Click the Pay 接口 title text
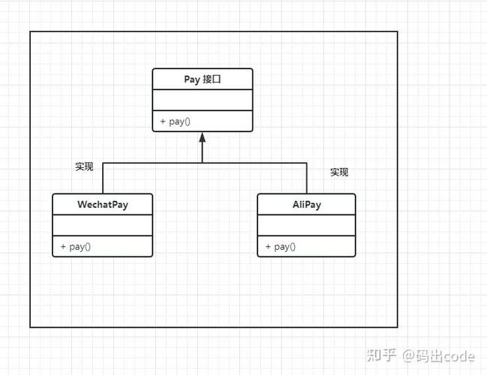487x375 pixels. pyautogui.click(x=203, y=79)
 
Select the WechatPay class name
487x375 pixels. pyautogui.click(x=103, y=204)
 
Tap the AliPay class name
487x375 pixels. pyautogui.click(x=306, y=204)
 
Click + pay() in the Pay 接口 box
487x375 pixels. pyautogui.click(x=174, y=121)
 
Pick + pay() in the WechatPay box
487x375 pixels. pyautogui.click(x=75, y=247)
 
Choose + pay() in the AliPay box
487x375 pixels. pyautogui.click(x=280, y=247)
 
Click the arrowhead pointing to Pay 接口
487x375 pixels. pyautogui.click(x=202, y=137)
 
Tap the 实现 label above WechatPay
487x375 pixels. pyautogui.click(x=84, y=166)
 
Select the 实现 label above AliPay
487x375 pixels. pyautogui.click(x=339, y=172)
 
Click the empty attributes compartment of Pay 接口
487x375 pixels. pyautogui.click(x=203, y=100)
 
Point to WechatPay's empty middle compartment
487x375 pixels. pyautogui.click(x=103, y=225)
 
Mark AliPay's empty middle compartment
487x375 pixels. pyautogui.click(x=306, y=225)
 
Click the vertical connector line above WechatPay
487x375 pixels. pyautogui.click(x=103, y=178)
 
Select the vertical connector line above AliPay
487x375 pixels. pyautogui.click(x=307, y=178)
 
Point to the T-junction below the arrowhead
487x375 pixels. pyautogui.click(x=202, y=163)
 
